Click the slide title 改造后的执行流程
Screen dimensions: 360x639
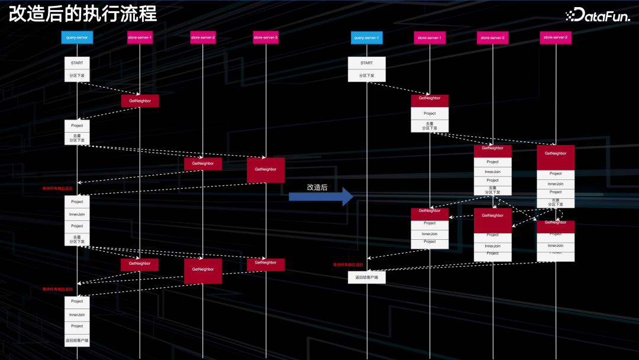coord(82,13)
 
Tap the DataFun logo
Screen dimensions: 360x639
coord(598,15)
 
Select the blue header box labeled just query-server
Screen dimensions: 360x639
coord(77,38)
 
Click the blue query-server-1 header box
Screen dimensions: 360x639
coord(367,38)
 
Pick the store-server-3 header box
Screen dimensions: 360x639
coord(266,38)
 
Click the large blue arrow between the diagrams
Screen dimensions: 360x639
coord(320,197)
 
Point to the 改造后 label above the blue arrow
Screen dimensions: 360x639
coord(317,187)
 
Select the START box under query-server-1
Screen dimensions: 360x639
coord(367,63)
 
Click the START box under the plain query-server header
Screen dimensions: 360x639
coord(77,63)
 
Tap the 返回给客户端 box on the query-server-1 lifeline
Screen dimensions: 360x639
coord(367,277)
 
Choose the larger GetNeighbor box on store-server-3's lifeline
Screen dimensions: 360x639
coord(266,169)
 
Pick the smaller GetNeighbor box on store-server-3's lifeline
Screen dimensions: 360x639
coord(266,263)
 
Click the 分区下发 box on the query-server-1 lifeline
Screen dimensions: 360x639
coord(367,76)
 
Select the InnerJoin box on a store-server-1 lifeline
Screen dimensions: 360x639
coord(430,234)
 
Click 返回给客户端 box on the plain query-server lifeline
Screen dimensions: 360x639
coord(77,341)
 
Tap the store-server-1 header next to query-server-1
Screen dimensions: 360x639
coord(430,38)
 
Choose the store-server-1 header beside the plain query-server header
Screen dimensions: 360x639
coord(140,38)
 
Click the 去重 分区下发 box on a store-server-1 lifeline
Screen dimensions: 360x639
coord(430,126)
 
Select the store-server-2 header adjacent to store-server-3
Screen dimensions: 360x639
coord(203,38)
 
